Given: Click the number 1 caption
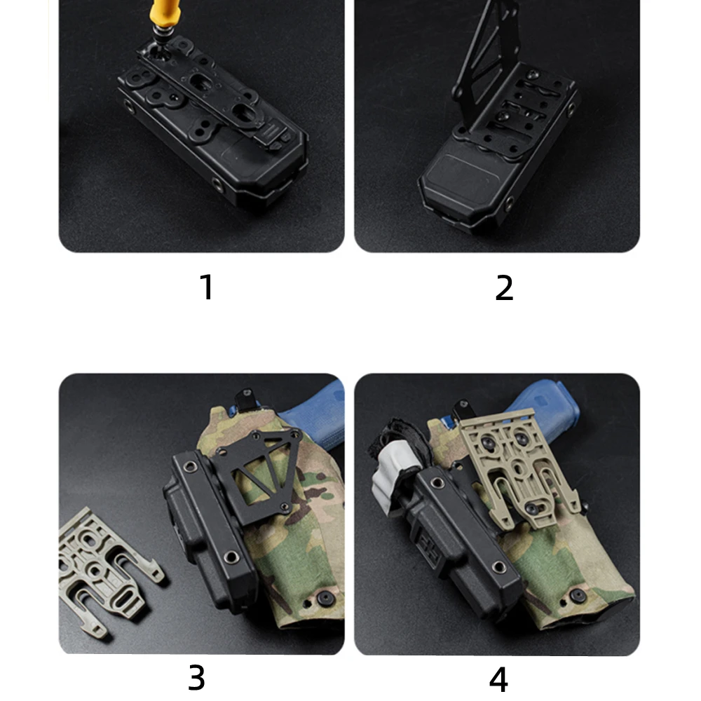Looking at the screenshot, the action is click(207, 287).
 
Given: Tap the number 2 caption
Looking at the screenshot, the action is click(504, 287).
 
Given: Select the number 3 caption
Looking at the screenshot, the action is click(196, 678).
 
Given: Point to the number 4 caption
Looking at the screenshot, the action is click(498, 679).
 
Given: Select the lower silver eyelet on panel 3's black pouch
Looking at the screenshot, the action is click(231, 557).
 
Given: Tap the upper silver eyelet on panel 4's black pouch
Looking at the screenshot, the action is click(437, 482).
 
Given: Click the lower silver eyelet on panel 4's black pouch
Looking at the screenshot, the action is click(499, 567).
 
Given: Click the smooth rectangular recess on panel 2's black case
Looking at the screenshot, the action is click(461, 177).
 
